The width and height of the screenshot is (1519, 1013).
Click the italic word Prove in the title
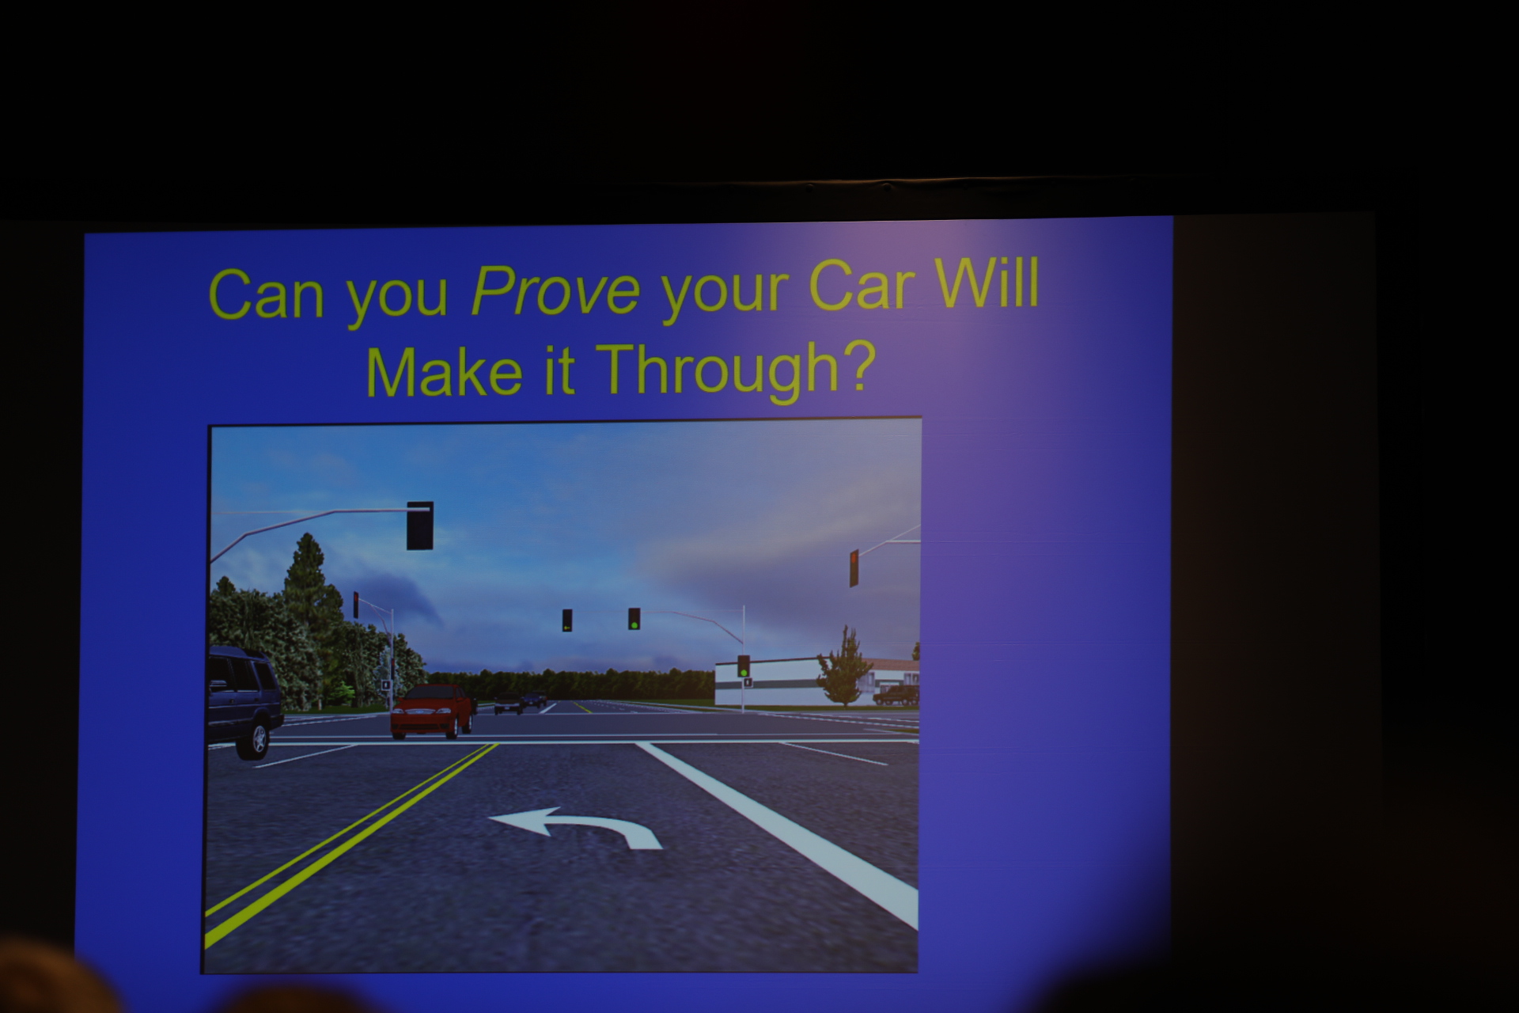click(x=555, y=290)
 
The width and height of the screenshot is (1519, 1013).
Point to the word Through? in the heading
click(x=735, y=370)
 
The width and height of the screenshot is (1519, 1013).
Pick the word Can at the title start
click(x=266, y=294)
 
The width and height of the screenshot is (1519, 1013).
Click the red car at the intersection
click(x=432, y=711)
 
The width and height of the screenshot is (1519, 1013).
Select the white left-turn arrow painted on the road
click(x=576, y=828)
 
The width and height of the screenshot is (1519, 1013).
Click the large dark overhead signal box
click(x=419, y=525)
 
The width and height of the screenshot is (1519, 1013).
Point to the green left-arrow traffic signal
click(x=567, y=620)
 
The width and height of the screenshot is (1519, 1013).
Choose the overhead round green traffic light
click(x=634, y=619)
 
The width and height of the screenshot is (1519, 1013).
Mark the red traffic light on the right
click(x=854, y=568)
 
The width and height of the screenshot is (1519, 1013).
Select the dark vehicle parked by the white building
click(x=896, y=696)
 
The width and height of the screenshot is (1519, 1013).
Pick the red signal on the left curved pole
click(x=356, y=605)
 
